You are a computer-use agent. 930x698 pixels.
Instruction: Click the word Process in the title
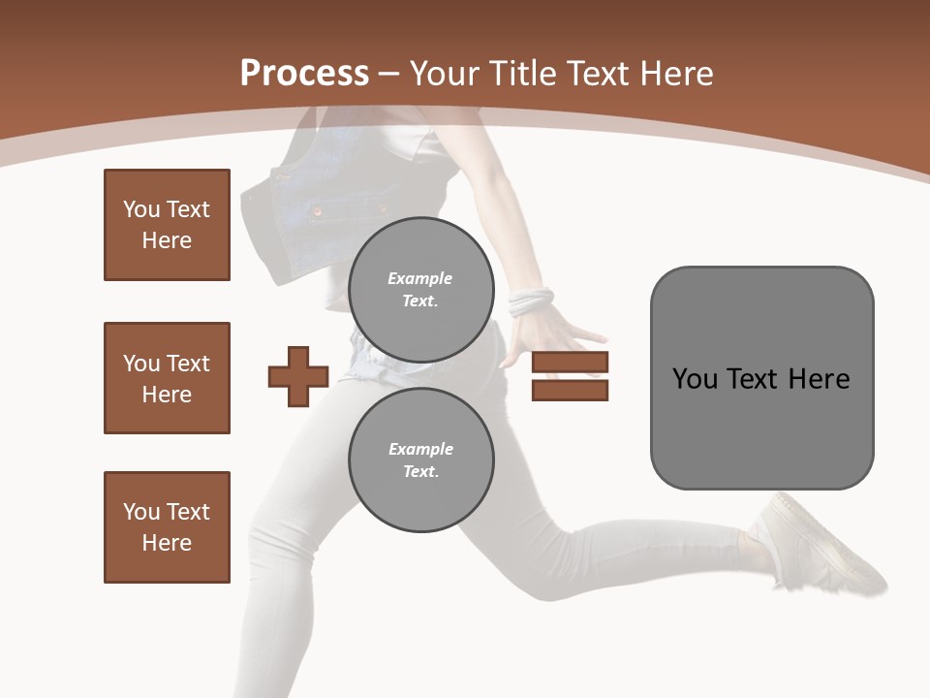(304, 74)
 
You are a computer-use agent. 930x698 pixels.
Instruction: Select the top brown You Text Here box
(167, 225)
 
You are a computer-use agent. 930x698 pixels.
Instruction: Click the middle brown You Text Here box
(167, 378)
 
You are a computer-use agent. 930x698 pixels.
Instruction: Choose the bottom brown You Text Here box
(167, 527)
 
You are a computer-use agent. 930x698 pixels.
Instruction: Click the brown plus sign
(298, 376)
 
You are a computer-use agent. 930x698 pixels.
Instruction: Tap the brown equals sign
(570, 376)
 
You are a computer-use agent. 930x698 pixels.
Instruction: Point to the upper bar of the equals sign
(570, 363)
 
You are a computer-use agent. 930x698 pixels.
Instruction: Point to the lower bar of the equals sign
(570, 390)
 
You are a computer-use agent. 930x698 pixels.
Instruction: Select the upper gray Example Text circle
(420, 289)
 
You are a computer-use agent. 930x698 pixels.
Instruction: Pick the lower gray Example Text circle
(420, 460)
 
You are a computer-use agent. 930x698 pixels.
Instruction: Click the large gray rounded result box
(761, 378)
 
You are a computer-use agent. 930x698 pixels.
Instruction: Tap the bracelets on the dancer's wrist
(530, 301)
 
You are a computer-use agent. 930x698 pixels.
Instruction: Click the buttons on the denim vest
(317, 208)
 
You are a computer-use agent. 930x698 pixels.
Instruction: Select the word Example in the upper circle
(419, 278)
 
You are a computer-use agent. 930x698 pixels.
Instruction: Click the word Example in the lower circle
(420, 449)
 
